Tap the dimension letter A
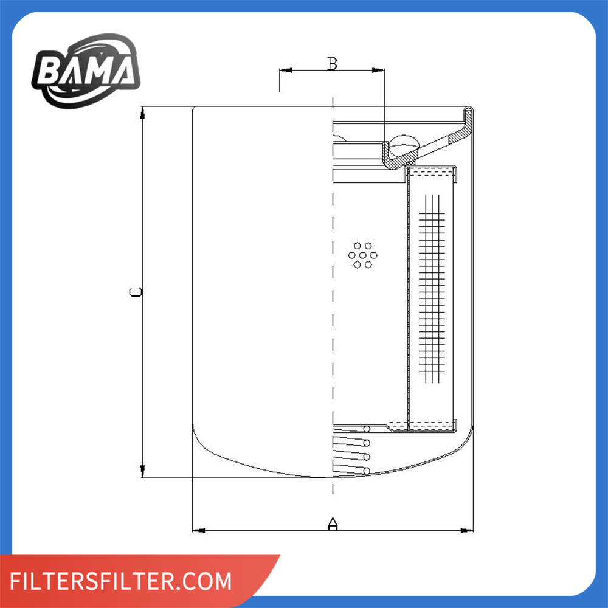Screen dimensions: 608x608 [x=333, y=523]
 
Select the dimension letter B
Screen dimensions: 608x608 [x=332, y=63]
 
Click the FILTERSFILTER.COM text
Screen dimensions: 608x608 [x=122, y=581]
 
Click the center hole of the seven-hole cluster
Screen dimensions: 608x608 [x=363, y=255]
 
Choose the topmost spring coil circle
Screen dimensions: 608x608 [x=367, y=429]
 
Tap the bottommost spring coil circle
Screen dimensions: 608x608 [x=367, y=471]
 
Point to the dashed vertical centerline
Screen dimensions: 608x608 [x=333, y=304]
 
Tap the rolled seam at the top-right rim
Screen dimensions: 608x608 [x=469, y=116]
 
